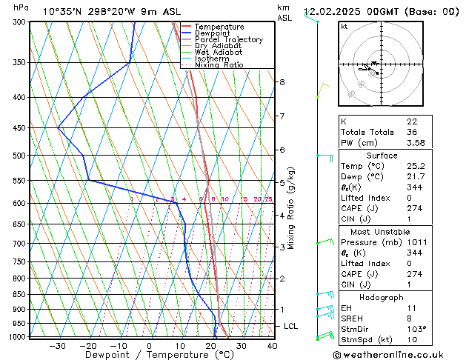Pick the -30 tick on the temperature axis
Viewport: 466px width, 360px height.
tap(56, 346)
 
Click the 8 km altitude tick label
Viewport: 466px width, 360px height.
tap(282, 82)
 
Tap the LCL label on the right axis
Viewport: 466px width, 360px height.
tap(291, 327)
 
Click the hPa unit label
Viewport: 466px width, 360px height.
tap(21, 7)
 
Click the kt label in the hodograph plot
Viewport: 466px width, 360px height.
tap(344, 27)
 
